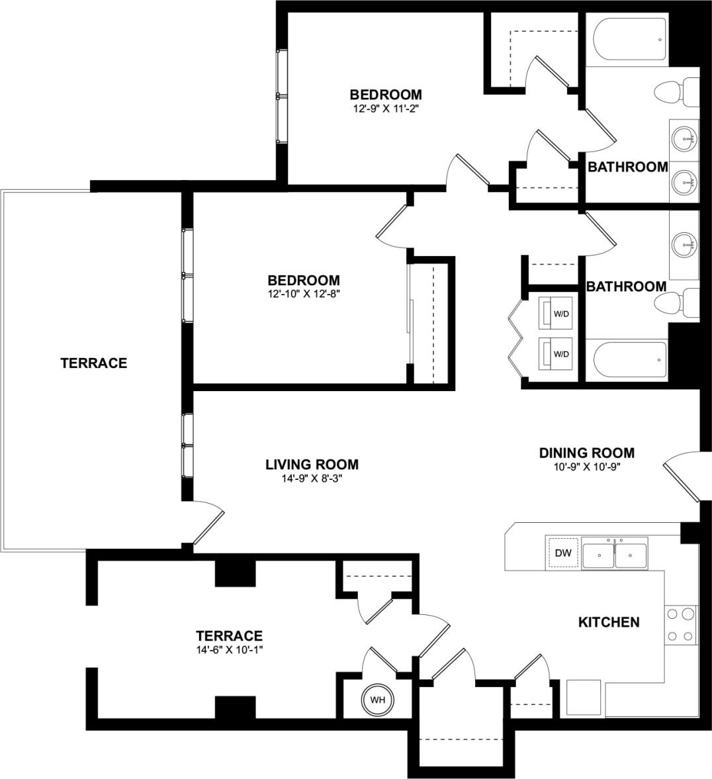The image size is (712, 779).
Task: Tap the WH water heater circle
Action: pyautogui.click(x=377, y=700)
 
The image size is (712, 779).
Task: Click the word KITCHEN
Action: pyautogui.click(x=609, y=622)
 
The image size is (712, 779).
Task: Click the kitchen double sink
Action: pyautogui.click(x=615, y=553)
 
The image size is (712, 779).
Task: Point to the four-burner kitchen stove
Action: pyautogui.click(x=681, y=625)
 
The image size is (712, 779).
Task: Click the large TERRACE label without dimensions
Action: pyautogui.click(x=93, y=363)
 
